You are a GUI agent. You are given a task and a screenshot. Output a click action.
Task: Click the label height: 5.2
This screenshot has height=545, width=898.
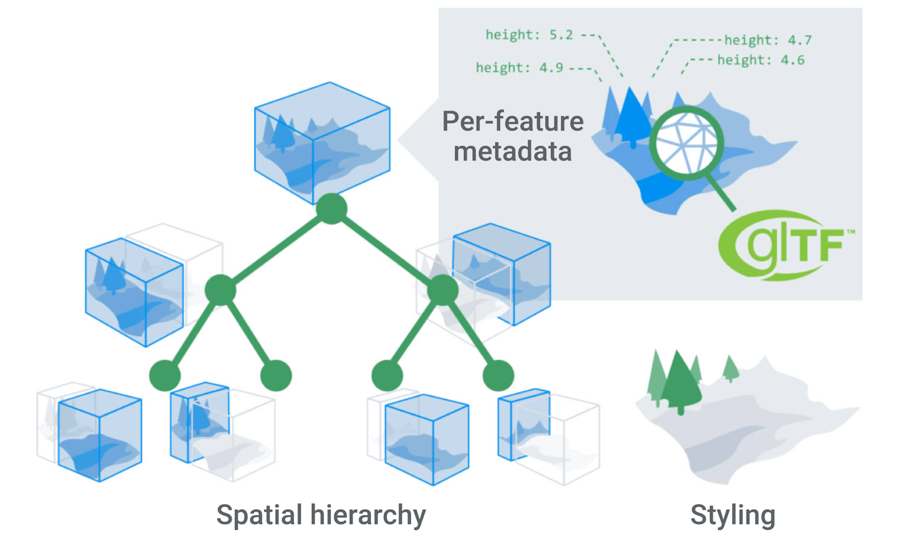click(x=528, y=33)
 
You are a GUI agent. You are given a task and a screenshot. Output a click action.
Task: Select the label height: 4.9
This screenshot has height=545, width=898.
click(x=519, y=67)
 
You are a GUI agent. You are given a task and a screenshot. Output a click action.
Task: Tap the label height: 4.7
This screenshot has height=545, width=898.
click(x=768, y=40)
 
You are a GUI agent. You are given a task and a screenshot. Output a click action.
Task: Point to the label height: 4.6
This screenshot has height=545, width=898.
click(x=761, y=60)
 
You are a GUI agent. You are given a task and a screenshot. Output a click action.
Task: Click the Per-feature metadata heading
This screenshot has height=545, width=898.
click(x=512, y=136)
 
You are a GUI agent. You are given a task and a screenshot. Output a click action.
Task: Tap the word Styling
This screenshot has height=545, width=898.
click(x=732, y=515)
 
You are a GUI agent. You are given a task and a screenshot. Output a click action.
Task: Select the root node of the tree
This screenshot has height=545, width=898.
click(x=331, y=209)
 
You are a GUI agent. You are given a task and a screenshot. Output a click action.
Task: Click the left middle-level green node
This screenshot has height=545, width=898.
click(x=221, y=291)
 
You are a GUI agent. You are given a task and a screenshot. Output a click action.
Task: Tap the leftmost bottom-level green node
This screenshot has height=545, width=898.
click(x=165, y=374)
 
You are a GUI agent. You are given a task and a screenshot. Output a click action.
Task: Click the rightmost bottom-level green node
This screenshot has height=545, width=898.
click(x=498, y=374)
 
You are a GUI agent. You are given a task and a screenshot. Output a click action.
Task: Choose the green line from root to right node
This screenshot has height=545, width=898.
click(x=387, y=249)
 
